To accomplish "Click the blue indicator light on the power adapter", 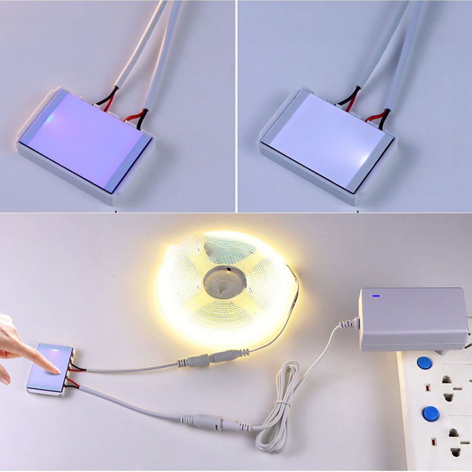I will pyautogui.click(x=376, y=297).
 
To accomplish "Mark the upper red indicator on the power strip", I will pyautogui.click(x=427, y=388).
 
